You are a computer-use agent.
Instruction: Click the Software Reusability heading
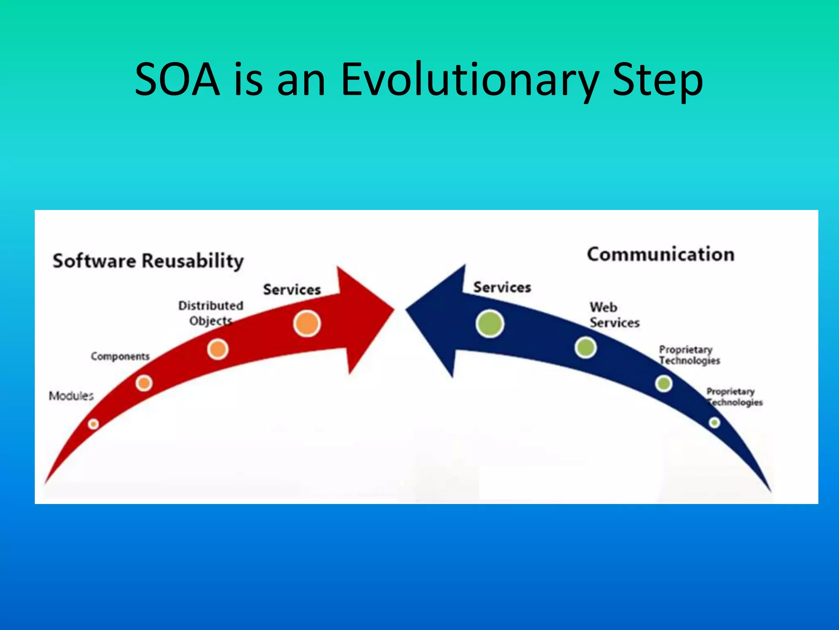(x=148, y=261)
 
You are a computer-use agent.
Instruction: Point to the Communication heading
(x=660, y=254)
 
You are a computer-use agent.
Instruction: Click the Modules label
(x=71, y=396)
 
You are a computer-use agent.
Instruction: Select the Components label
(x=120, y=356)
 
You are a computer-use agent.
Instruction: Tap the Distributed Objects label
(x=211, y=313)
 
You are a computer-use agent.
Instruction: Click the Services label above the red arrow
(x=292, y=290)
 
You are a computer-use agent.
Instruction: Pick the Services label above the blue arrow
(x=502, y=287)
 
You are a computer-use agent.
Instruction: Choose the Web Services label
(x=614, y=315)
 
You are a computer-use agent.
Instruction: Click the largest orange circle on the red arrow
(x=307, y=324)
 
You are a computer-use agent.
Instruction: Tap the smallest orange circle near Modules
(x=93, y=424)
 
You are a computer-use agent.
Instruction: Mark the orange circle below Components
(x=144, y=383)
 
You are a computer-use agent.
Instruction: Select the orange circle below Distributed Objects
(x=218, y=349)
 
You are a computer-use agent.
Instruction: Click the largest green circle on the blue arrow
(x=490, y=324)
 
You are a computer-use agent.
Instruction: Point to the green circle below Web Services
(x=585, y=348)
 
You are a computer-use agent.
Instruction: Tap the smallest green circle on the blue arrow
(x=714, y=422)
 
